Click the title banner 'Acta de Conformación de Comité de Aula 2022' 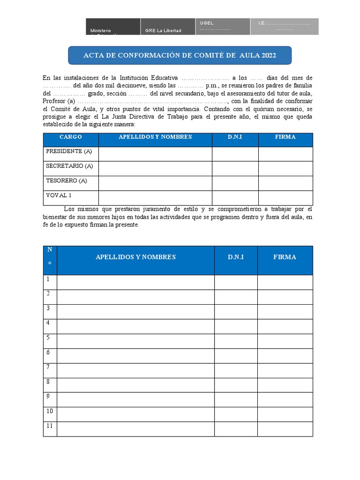[x=180, y=55]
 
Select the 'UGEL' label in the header [x=207, y=23]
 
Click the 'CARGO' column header [x=71, y=137]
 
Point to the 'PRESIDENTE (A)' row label [x=69, y=151]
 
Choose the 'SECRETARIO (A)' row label [x=69, y=166]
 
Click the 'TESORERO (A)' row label [x=67, y=180]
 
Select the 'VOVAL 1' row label [x=59, y=195]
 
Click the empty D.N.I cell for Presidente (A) [x=235, y=154]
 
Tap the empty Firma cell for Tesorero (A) [x=285, y=183]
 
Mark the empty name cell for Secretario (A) [x=155, y=168]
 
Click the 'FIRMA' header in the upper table [x=285, y=137]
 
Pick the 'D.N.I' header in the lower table [x=236, y=257]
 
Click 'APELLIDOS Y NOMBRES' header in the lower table [x=135, y=257]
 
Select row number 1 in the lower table [x=48, y=279]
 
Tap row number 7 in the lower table [x=48, y=367]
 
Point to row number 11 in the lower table [x=49, y=426]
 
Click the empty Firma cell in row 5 [x=285, y=341]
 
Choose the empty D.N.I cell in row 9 [x=236, y=399]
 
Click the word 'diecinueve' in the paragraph [x=135, y=86]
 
